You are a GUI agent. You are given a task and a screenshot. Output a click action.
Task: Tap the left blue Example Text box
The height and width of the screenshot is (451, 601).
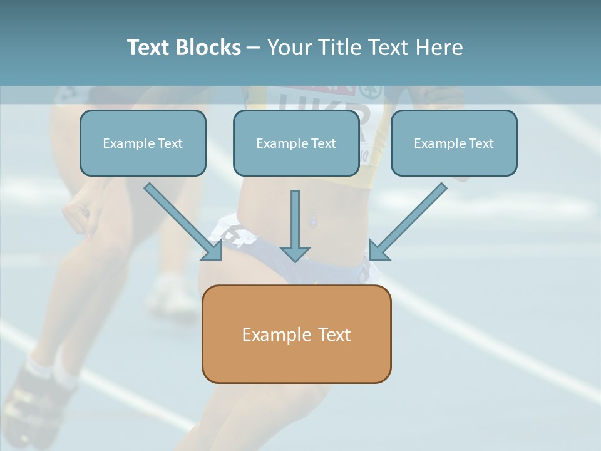[143, 143]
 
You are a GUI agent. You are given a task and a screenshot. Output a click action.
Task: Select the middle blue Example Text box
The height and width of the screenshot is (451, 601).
[296, 143]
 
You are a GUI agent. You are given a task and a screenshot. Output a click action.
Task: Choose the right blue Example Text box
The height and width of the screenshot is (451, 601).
[454, 143]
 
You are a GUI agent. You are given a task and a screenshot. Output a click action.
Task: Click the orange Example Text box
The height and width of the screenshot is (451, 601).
[296, 334]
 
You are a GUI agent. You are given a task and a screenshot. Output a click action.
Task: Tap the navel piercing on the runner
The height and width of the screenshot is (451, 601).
[313, 220]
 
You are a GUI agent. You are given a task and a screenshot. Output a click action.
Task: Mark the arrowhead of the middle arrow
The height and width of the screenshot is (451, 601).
[295, 254]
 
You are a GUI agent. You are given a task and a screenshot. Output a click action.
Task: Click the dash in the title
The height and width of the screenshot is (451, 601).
[254, 48]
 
